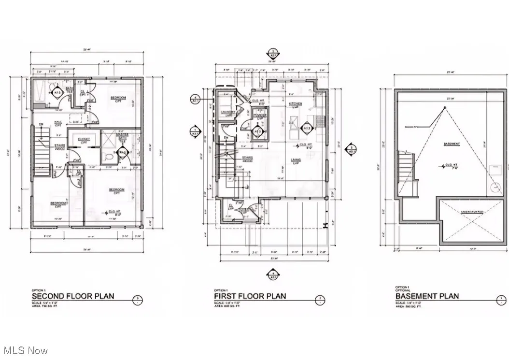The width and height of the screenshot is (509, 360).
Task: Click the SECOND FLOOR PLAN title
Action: [x=73, y=296]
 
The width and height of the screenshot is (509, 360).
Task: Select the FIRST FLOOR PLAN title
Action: [x=250, y=296]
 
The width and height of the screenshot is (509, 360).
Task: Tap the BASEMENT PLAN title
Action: [x=427, y=296]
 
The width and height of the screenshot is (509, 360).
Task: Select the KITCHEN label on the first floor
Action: [x=295, y=104]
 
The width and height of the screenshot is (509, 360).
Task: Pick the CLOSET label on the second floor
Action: [x=84, y=139]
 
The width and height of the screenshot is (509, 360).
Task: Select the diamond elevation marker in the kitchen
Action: [x=306, y=128]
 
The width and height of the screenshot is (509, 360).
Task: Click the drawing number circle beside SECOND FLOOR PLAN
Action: [x=138, y=300]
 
